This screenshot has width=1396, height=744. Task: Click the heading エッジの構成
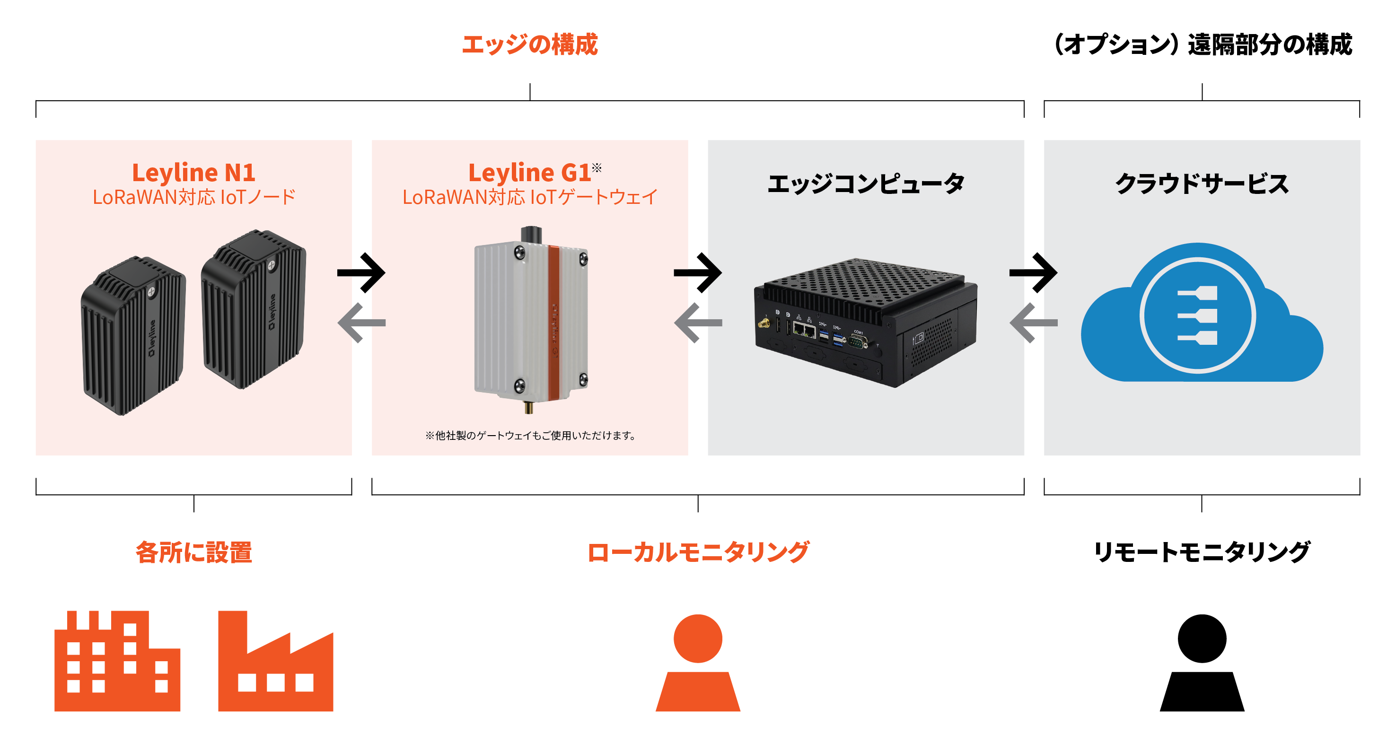pyautogui.click(x=529, y=44)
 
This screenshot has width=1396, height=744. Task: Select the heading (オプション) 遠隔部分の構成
pyautogui.click(x=1202, y=44)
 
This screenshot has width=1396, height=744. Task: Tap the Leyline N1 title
pyautogui.click(x=193, y=173)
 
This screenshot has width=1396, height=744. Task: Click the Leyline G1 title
pyautogui.click(x=529, y=173)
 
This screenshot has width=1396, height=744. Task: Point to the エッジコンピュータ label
pyautogui.click(x=865, y=184)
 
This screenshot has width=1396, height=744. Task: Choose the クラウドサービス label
pyautogui.click(x=1202, y=184)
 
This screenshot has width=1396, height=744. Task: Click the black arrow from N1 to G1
pyautogui.click(x=361, y=272)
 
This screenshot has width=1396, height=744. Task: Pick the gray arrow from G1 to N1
pyautogui.click(x=361, y=323)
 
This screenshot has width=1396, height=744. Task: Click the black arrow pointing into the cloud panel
pyautogui.click(x=1033, y=272)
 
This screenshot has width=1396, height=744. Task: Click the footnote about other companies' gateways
pyautogui.click(x=529, y=435)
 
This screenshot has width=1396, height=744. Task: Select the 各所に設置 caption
pyautogui.click(x=193, y=552)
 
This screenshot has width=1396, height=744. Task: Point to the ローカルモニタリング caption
pyautogui.click(x=698, y=552)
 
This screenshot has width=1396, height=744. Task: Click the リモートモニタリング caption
pyautogui.click(x=1202, y=552)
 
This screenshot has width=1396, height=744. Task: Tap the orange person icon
pyautogui.click(x=698, y=663)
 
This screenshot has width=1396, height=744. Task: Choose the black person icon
pyautogui.click(x=1202, y=663)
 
